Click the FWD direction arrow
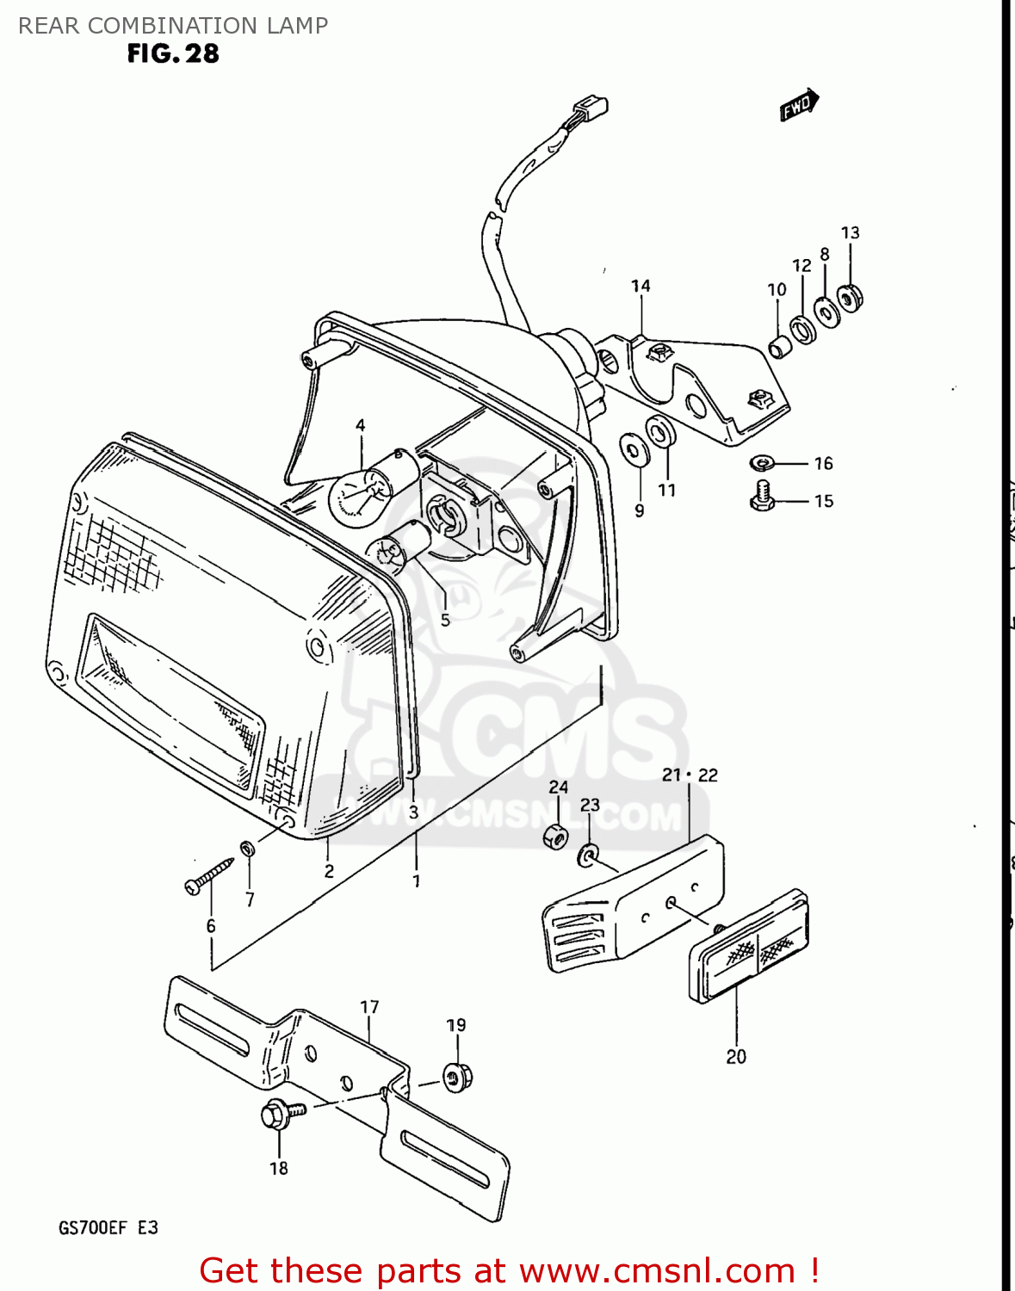tap(800, 105)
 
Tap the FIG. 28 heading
tap(173, 53)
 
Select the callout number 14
tap(641, 286)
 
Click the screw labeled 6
tap(208, 874)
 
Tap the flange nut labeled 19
tap(456, 1076)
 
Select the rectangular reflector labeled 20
tap(748, 946)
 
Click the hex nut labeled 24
tap(556, 836)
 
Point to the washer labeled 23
tap(588, 856)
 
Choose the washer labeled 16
tap(762, 463)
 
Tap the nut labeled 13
tap(851, 298)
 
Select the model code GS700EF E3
tap(108, 1227)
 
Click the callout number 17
tap(369, 1007)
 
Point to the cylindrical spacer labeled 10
tap(780, 346)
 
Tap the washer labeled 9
tap(635, 448)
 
